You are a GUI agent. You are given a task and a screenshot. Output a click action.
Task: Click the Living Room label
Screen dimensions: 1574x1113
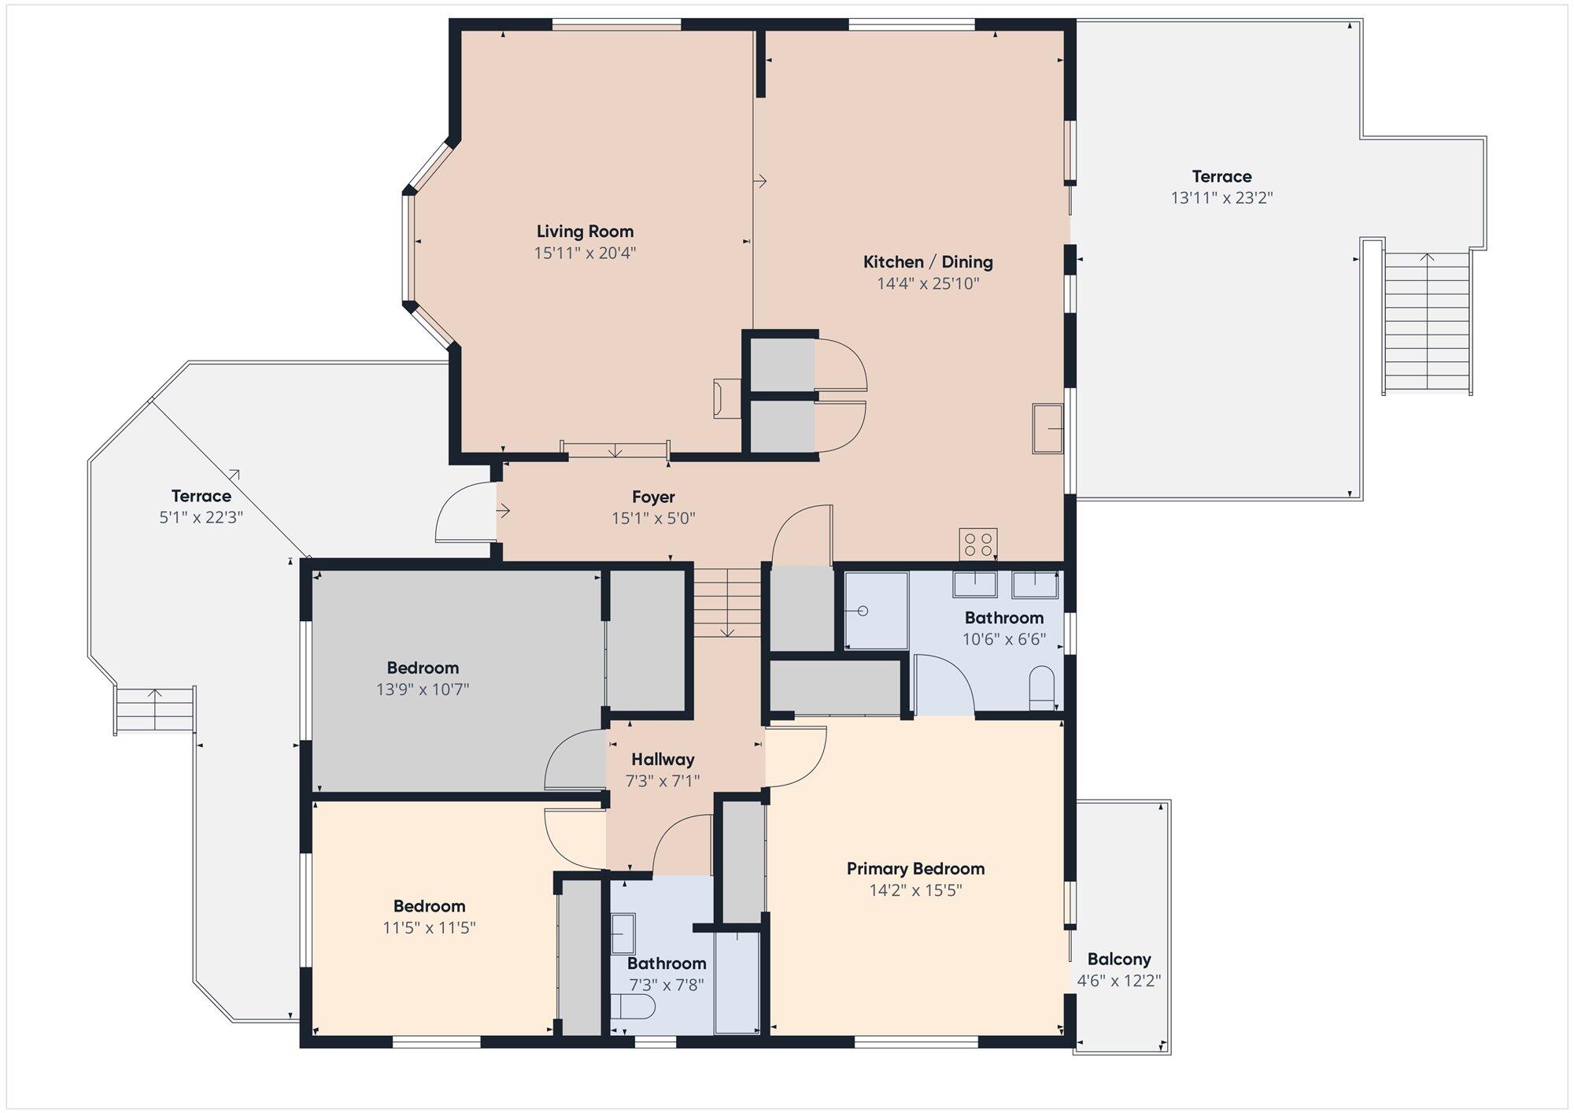(585, 231)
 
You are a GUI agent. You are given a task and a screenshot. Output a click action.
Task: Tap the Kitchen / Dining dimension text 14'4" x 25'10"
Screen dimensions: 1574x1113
(928, 283)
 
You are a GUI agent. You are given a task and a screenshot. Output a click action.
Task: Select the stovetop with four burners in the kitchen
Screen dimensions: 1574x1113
(978, 544)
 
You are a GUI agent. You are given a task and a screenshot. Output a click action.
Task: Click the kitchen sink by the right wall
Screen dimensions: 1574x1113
(1047, 429)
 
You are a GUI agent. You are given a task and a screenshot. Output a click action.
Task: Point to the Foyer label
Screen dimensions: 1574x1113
(653, 497)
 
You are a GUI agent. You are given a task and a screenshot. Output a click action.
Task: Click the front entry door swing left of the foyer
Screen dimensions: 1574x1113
(465, 512)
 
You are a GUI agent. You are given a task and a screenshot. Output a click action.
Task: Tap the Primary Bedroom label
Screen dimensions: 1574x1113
(915, 869)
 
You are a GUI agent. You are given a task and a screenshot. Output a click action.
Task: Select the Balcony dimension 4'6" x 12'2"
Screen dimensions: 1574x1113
(1119, 981)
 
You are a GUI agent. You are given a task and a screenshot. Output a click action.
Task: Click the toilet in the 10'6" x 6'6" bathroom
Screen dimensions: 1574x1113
(1042, 688)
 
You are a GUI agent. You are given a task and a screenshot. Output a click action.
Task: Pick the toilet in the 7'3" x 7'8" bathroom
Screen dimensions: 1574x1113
(633, 1007)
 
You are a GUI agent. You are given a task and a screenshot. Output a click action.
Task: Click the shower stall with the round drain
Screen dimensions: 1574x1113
(877, 611)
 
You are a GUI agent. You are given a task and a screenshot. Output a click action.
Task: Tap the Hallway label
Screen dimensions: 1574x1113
(663, 760)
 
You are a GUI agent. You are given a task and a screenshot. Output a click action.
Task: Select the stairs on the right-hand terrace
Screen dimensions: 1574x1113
(1427, 322)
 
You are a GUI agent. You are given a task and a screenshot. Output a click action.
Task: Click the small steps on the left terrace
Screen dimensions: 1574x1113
(155, 709)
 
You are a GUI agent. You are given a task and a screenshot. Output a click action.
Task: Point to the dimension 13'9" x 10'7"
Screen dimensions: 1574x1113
(423, 690)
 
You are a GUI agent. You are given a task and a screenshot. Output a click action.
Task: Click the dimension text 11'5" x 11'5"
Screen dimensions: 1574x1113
(429, 928)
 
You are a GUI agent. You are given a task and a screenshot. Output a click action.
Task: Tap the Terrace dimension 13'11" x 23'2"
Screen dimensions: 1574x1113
(1221, 198)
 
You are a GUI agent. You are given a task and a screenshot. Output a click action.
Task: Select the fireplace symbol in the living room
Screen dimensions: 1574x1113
(726, 398)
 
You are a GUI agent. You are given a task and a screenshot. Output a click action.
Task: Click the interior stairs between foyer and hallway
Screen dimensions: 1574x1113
(727, 603)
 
